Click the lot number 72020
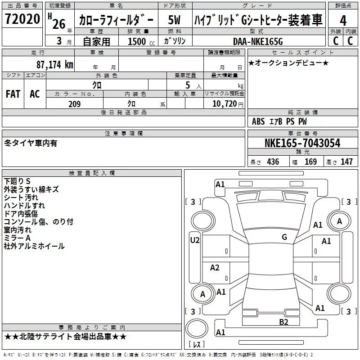click(x=22, y=19)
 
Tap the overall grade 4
click(x=343, y=20)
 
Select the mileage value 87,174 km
click(x=55, y=64)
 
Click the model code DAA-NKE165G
click(x=258, y=41)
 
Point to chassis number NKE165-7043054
click(x=302, y=143)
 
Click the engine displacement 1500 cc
click(x=141, y=41)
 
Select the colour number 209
click(x=74, y=104)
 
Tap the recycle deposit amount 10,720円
click(x=228, y=104)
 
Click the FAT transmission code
click(x=13, y=94)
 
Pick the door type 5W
click(x=174, y=20)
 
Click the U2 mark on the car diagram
click(x=195, y=240)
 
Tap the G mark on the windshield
click(x=284, y=237)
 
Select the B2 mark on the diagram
click(x=283, y=322)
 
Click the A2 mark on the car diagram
click(x=215, y=267)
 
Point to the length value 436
click(x=273, y=162)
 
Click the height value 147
click(x=346, y=162)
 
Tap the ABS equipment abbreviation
click(x=258, y=121)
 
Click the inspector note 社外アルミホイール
click(x=34, y=246)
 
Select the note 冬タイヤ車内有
click(x=31, y=143)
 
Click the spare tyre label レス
click(x=197, y=344)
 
